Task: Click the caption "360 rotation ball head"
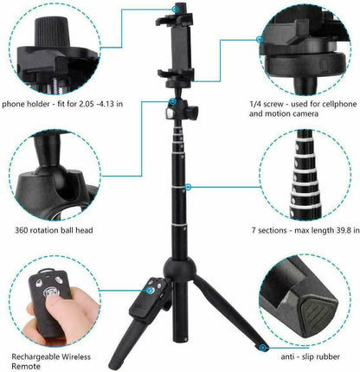(49, 230)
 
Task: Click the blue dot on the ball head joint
(173, 102)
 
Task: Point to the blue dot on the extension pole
(187, 186)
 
